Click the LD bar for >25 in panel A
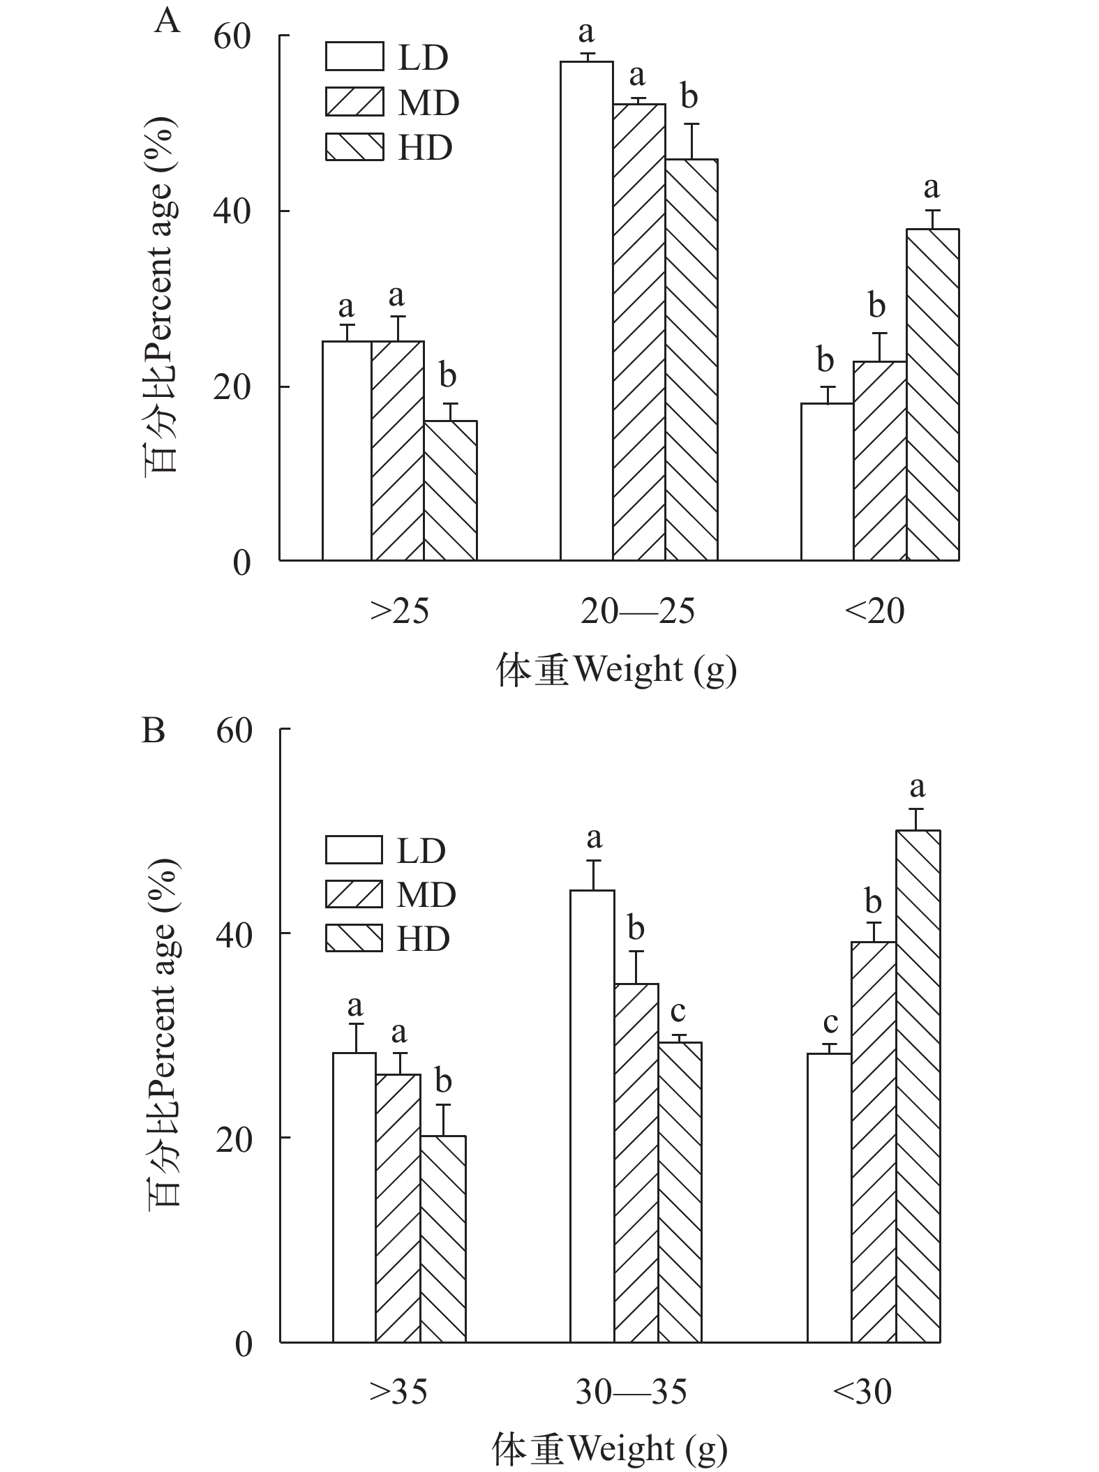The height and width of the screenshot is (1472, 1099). coord(347,451)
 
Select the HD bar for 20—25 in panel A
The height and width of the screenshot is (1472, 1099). coord(691,360)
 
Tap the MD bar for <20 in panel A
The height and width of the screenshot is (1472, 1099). coord(879,460)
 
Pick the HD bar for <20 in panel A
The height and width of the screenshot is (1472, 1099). coord(932,395)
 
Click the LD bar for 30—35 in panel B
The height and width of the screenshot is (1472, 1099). coord(592,1116)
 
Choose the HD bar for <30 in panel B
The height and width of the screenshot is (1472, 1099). coord(918,1086)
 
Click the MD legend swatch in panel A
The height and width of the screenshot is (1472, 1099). coord(354,103)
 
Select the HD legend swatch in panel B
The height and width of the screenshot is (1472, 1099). coord(354,938)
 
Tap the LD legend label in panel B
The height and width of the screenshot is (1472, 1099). coord(421,850)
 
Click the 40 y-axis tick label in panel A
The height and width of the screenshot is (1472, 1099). coord(232,211)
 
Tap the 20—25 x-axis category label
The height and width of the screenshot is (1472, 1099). coord(638,612)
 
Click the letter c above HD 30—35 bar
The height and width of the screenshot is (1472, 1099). coord(678,1012)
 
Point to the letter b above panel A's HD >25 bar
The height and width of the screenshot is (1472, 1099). coord(447,376)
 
